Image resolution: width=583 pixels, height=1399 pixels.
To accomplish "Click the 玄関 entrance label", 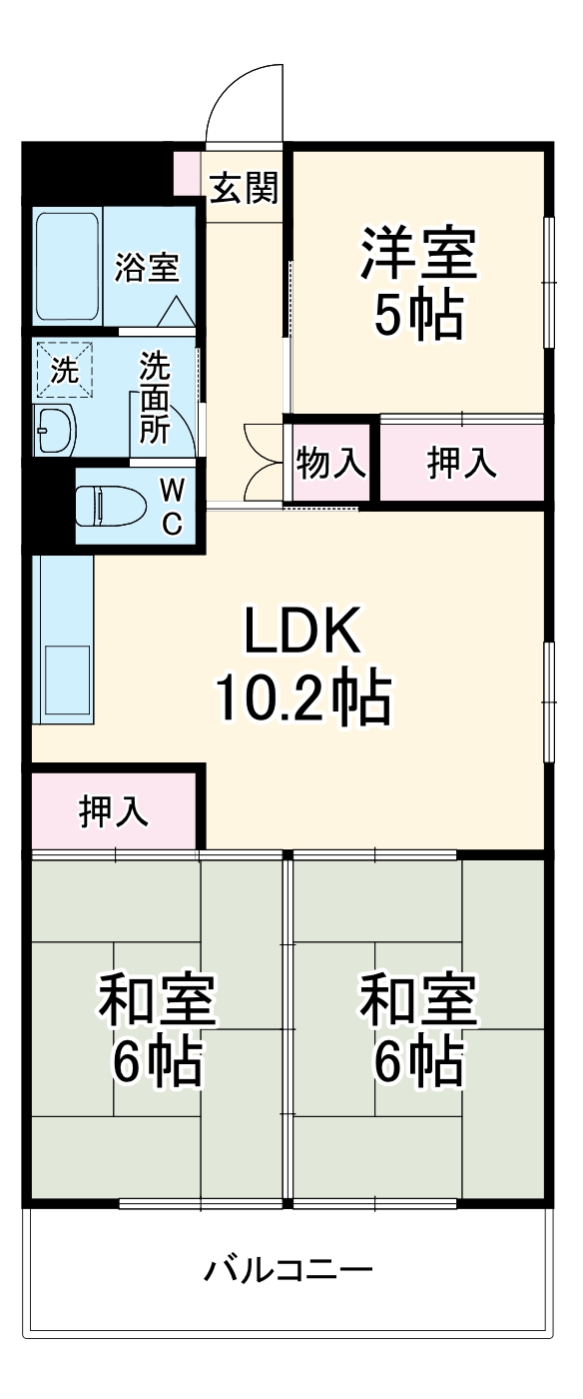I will click(x=244, y=187).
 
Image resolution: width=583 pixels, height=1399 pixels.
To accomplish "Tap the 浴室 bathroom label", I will click(x=146, y=267).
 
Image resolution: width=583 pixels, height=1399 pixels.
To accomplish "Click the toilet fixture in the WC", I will click(x=112, y=506).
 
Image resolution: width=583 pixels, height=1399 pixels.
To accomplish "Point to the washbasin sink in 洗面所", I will click(x=55, y=431).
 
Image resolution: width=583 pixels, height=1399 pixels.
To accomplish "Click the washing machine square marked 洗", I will click(x=64, y=371).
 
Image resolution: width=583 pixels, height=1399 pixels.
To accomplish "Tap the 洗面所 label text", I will click(x=154, y=397).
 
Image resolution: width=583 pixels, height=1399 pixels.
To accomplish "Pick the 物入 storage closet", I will click(x=329, y=465).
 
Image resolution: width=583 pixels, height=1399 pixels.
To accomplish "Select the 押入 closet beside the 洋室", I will click(x=461, y=464).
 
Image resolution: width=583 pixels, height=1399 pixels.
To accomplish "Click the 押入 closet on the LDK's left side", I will click(x=114, y=811).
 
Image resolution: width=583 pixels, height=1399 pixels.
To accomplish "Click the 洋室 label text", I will click(x=418, y=256).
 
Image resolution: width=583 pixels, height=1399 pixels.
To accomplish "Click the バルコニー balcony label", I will click(x=290, y=1271).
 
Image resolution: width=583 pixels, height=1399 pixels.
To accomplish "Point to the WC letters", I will click(x=172, y=506).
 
